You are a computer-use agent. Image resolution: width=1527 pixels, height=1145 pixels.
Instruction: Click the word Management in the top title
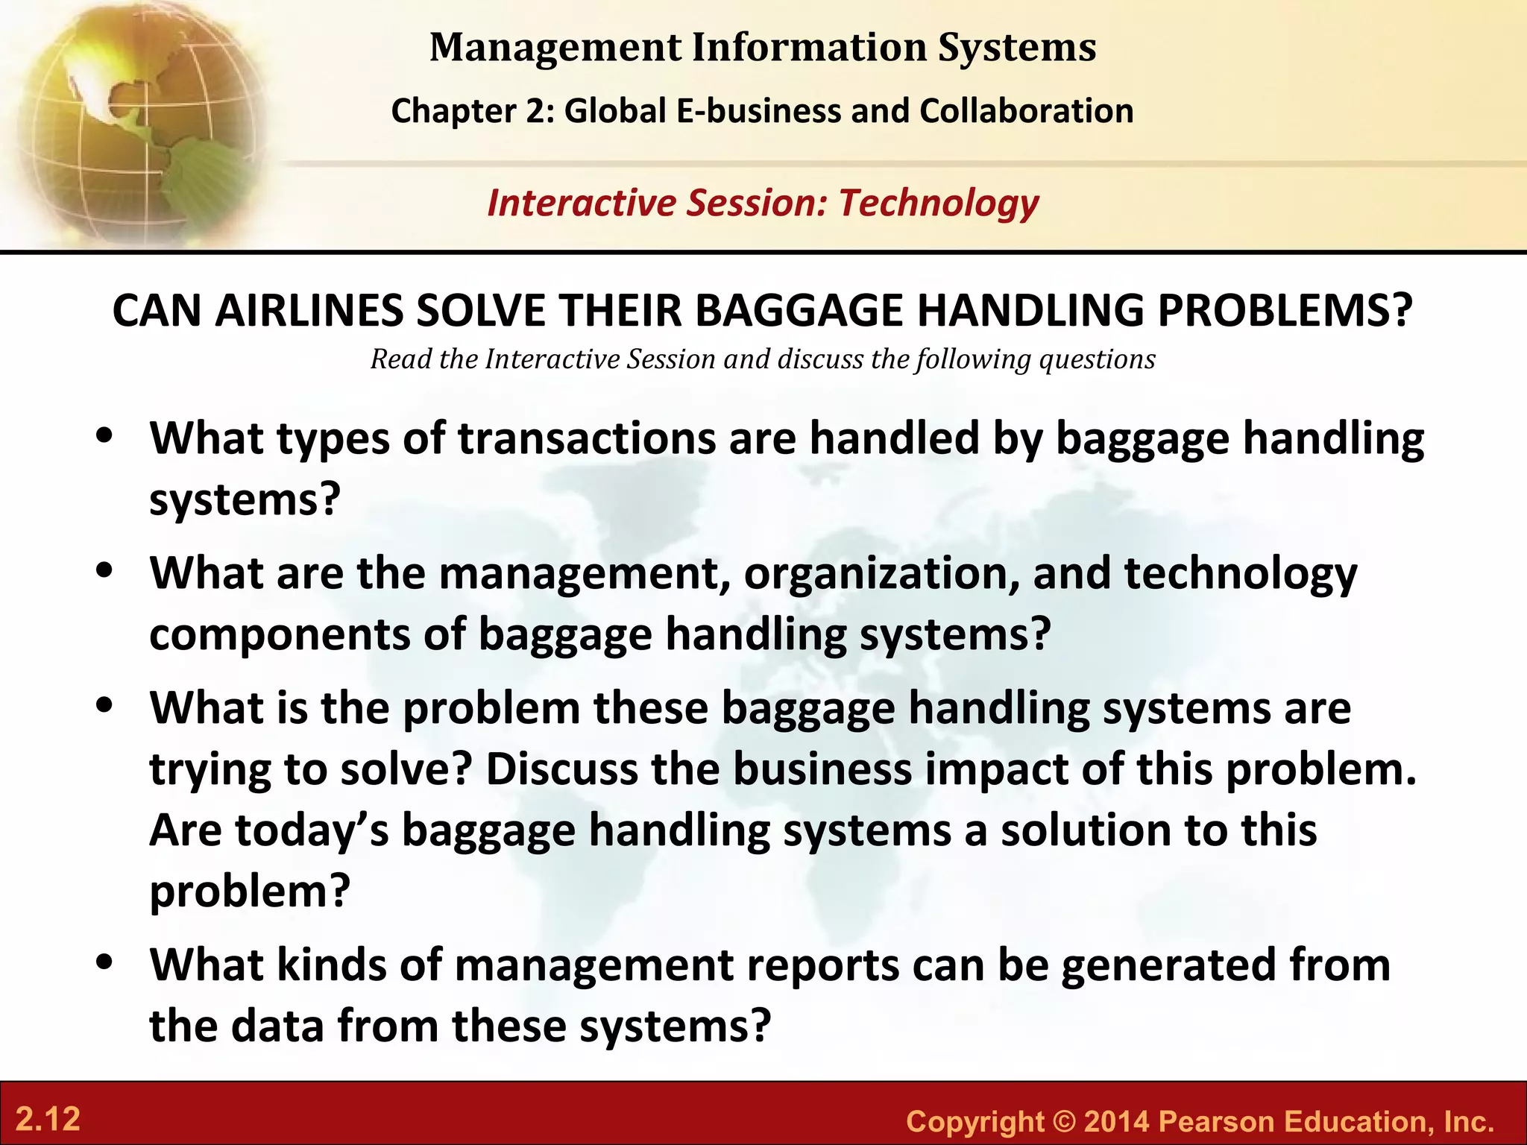[555, 48]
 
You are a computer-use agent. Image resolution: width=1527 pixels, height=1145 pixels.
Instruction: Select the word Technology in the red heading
[939, 203]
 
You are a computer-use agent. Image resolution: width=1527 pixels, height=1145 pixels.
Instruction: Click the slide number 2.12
[48, 1120]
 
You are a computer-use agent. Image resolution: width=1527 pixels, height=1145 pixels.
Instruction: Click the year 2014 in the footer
[1116, 1121]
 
